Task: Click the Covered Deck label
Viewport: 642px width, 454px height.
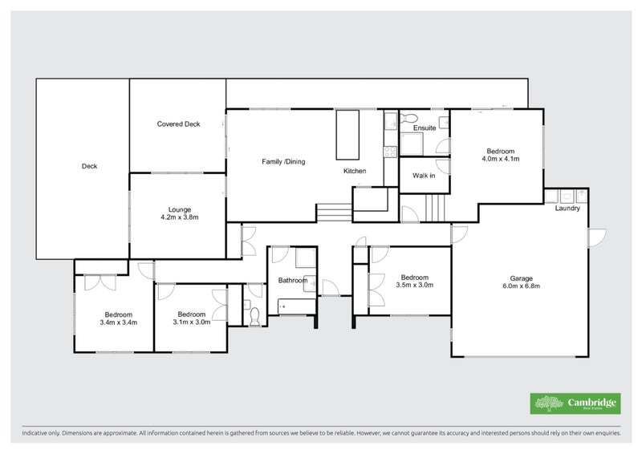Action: (x=178, y=124)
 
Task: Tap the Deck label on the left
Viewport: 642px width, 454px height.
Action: (x=89, y=167)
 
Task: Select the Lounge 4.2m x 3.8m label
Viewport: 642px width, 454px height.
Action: (x=179, y=213)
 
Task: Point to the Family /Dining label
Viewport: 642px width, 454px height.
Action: (x=283, y=162)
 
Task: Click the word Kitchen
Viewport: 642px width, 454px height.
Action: (x=355, y=172)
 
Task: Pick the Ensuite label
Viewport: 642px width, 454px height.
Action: (x=425, y=128)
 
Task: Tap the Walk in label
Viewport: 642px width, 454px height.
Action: (x=424, y=176)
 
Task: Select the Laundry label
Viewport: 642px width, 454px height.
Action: (x=567, y=209)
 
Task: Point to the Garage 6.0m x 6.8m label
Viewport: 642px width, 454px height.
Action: (x=522, y=282)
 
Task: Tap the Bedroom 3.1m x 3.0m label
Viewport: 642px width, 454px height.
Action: (x=192, y=318)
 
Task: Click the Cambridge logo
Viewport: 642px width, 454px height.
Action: (x=575, y=403)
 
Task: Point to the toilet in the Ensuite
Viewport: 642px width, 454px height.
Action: (x=404, y=120)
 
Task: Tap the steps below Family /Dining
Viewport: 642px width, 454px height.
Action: (x=333, y=213)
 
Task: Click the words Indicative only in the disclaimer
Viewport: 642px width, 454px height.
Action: (x=40, y=434)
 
